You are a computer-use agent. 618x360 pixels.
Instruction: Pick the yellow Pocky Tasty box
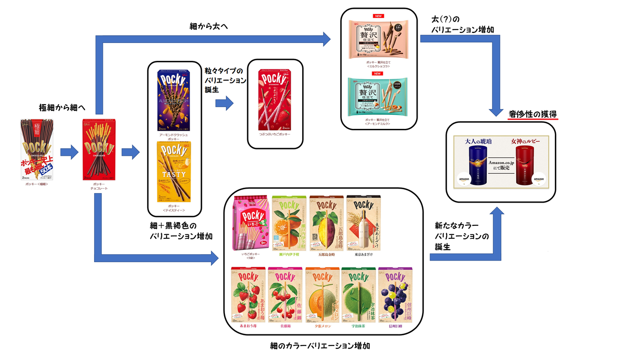click(x=174, y=171)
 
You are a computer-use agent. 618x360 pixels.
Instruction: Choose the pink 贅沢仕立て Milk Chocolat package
click(x=379, y=38)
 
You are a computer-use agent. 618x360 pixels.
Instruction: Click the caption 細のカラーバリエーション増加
click(x=321, y=346)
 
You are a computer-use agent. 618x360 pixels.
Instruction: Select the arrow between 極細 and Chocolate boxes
click(x=69, y=153)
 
